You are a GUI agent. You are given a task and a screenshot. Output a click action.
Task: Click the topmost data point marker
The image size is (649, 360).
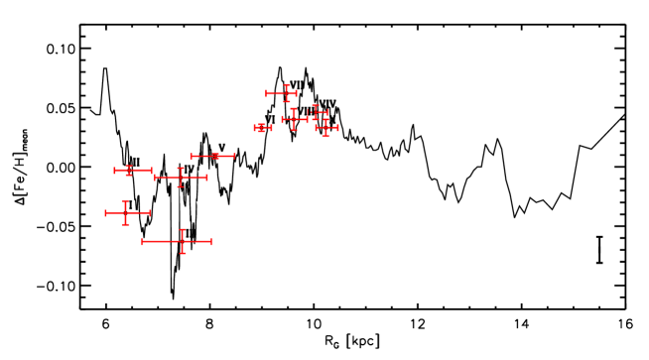point(287,93)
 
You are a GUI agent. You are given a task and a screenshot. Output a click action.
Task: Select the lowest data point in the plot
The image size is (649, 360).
point(183,241)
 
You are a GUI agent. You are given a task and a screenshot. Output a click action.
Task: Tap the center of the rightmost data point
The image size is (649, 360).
point(325,127)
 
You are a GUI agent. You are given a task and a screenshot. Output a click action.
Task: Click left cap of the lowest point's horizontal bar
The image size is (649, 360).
point(143,241)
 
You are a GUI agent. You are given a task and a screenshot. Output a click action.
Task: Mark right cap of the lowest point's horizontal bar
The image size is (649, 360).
point(210,241)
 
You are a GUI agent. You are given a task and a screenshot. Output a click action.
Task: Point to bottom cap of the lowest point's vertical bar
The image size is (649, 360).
point(183,253)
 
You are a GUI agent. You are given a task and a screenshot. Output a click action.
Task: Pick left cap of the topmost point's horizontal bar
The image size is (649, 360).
point(266,93)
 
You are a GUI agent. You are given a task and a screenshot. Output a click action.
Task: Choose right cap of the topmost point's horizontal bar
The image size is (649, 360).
point(296,93)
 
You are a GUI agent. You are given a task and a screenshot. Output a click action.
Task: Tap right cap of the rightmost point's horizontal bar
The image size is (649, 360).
point(337,127)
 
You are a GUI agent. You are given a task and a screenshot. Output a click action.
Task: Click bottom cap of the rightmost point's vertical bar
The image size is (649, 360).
point(325,136)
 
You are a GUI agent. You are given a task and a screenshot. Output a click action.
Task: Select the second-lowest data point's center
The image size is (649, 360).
point(126,212)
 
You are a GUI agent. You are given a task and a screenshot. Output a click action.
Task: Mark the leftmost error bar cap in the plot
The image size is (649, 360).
point(106,212)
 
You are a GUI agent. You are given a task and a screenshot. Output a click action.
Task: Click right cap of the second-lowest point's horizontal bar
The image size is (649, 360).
point(149,212)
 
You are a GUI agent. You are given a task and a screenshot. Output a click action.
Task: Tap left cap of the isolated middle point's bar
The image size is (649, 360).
point(192,156)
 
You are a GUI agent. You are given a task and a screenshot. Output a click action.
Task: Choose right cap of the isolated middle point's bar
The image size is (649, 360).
point(234,156)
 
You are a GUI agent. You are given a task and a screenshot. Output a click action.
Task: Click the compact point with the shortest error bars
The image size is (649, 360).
point(262,127)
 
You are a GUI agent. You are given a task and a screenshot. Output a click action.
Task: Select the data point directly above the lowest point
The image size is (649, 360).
point(181,178)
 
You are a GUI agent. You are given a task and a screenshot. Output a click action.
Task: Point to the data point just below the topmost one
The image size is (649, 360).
point(294,119)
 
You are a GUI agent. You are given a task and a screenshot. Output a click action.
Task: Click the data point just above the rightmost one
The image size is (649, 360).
point(316,112)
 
